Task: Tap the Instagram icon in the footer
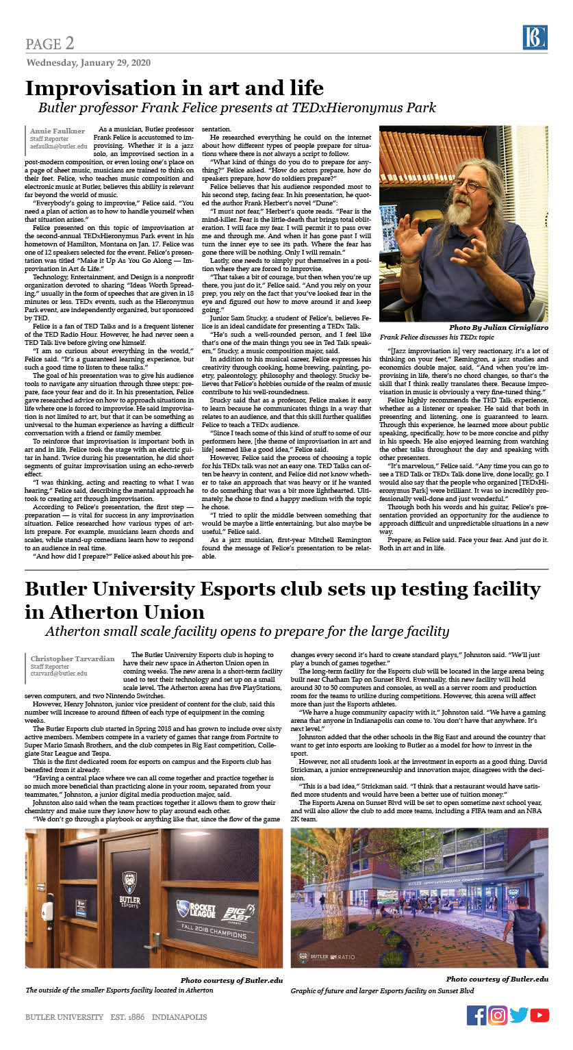pyautogui.click(x=498, y=1015)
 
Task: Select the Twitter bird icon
pyautogui.click(x=519, y=1015)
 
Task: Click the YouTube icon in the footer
pyautogui.click(x=539, y=1015)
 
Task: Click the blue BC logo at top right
pyautogui.click(x=535, y=37)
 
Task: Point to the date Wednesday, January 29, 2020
pyautogui.click(x=88, y=62)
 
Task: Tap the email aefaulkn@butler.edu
pyautogui.click(x=58, y=146)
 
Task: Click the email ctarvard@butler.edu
pyautogui.click(x=59, y=673)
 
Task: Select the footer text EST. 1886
pyautogui.click(x=127, y=1017)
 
